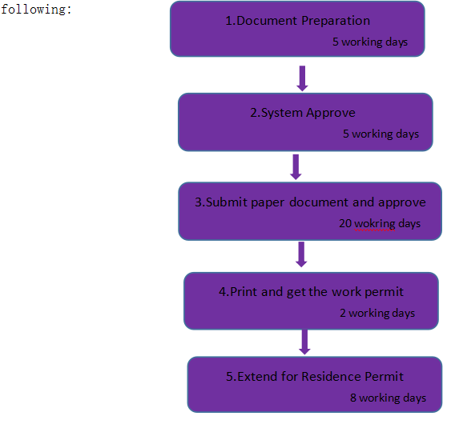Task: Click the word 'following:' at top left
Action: click(36, 10)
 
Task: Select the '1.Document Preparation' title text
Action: click(297, 21)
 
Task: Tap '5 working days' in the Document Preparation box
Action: click(370, 42)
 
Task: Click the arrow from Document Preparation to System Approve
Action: click(302, 78)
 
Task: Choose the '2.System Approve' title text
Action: click(303, 113)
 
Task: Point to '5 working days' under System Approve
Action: click(381, 134)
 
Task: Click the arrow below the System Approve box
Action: click(296, 167)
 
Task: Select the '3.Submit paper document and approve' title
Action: click(310, 202)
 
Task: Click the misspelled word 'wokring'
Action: click(375, 224)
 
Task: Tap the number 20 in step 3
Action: click(345, 223)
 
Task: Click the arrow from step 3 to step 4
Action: click(301, 254)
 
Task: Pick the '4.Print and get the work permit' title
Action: click(311, 292)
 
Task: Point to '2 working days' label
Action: click(377, 313)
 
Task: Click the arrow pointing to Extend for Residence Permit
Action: click(304, 342)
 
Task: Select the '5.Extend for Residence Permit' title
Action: click(315, 377)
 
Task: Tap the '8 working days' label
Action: click(388, 398)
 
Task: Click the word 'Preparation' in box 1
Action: click(336, 21)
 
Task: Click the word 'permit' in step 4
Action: click(384, 293)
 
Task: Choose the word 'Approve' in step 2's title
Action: click(331, 113)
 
